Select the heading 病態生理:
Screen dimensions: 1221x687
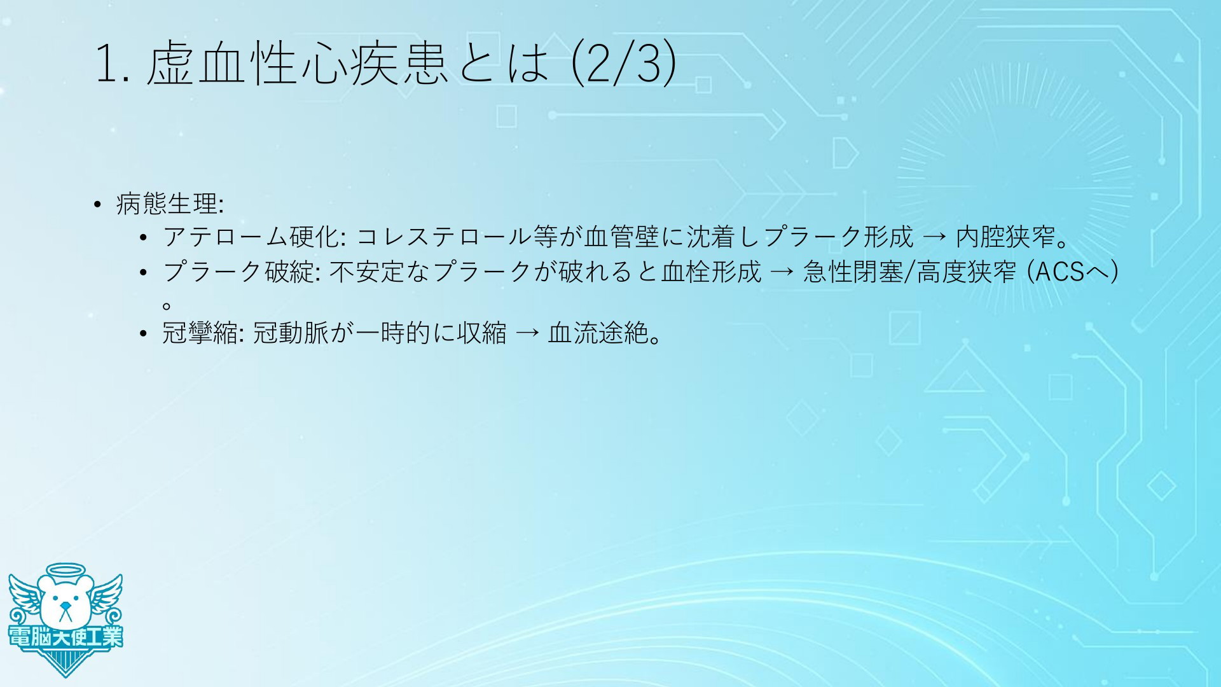pyautogui.click(x=170, y=204)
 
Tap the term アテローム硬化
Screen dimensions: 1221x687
pyautogui.click(x=254, y=237)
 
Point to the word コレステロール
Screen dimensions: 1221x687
pyautogui.click(x=444, y=237)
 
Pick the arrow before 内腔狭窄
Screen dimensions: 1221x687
pyautogui.click(x=935, y=238)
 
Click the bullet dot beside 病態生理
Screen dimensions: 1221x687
pyautogui.click(x=97, y=205)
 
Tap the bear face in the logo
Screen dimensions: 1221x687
pyautogui.click(x=64, y=601)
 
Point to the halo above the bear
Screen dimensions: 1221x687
pyautogui.click(x=66, y=569)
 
